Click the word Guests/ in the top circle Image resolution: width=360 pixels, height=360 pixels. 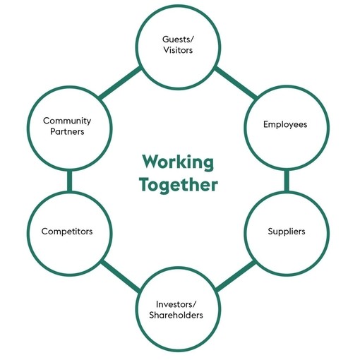point(178,40)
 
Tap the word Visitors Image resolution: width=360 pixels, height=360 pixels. point(178,50)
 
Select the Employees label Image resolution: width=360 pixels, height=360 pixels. point(285,124)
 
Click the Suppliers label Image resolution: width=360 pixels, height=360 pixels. point(287,232)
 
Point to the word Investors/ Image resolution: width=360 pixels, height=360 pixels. point(176,304)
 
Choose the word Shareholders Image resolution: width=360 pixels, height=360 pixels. point(176,315)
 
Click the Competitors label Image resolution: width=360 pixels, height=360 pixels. point(67,232)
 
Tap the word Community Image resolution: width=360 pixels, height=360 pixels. point(67,121)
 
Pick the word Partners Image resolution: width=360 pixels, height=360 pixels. point(67,131)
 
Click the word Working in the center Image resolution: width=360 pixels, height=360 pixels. point(178,162)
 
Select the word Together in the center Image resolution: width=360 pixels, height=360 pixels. point(179,184)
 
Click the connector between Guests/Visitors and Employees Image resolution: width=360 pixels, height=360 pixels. point(236,83)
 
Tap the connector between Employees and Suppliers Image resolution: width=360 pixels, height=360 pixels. point(287,181)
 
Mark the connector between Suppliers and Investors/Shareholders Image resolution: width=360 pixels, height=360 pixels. point(235,277)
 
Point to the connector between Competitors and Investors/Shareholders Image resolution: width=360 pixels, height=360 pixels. point(121,277)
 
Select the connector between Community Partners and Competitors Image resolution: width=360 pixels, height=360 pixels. point(69,181)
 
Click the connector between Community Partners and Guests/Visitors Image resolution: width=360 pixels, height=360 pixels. point(120,83)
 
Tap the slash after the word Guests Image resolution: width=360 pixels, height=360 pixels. point(192,40)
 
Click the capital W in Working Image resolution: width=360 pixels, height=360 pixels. point(151,162)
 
